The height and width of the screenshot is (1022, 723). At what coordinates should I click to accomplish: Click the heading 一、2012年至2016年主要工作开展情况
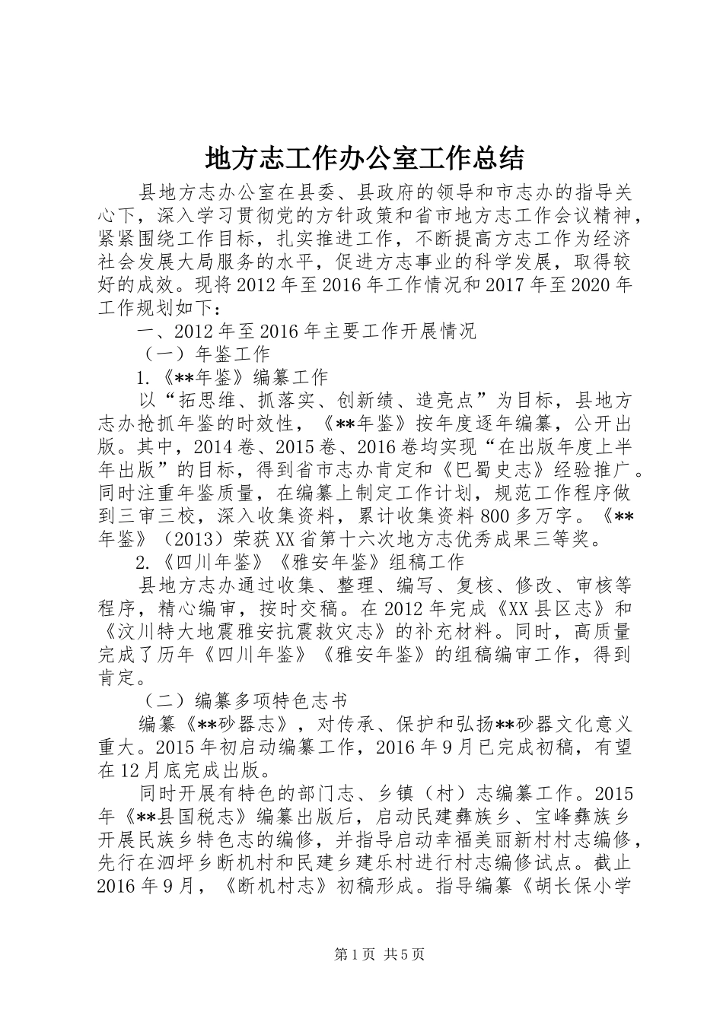[306, 332]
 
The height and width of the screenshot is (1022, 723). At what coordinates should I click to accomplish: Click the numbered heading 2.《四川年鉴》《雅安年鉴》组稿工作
[299, 563]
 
